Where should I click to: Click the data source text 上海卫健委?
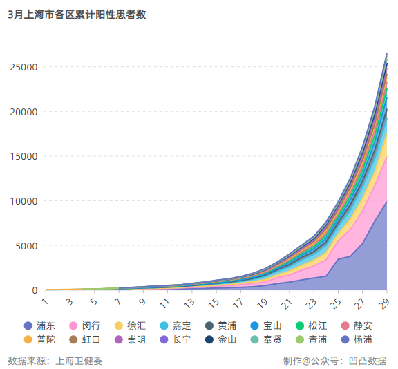[78, 361]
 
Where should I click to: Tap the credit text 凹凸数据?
[367, 361]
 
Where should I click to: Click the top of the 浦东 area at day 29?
[387, 201]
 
